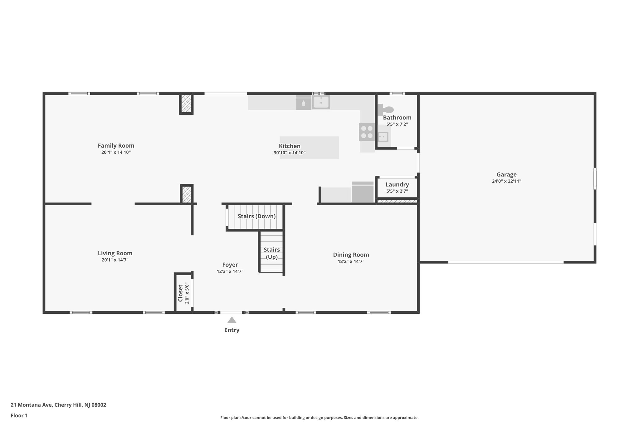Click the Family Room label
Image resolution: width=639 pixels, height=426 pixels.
116,145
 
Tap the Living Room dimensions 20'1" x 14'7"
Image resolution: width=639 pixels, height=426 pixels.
115,260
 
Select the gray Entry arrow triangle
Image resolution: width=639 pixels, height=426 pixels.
232,320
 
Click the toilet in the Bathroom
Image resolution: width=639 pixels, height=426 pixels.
387,110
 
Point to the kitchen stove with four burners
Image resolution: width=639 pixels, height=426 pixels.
367,132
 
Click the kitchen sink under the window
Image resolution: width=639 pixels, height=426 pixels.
321,102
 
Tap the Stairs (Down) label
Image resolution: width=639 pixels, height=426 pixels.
256,216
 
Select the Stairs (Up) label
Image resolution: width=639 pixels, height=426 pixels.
271,253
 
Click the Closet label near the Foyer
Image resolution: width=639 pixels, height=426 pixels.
180,293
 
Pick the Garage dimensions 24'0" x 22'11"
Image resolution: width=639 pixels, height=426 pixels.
506,181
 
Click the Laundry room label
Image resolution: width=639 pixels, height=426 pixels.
397,184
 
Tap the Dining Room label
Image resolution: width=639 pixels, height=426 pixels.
351,255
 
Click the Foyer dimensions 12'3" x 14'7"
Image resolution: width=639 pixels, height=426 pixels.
230,272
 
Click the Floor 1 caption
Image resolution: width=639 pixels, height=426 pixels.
19,415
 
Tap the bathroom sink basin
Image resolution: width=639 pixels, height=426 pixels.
383,137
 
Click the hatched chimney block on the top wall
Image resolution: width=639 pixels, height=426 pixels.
186,104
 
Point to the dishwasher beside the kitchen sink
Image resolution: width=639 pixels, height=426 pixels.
303,103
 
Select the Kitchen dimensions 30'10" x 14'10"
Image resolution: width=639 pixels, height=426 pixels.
289,153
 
